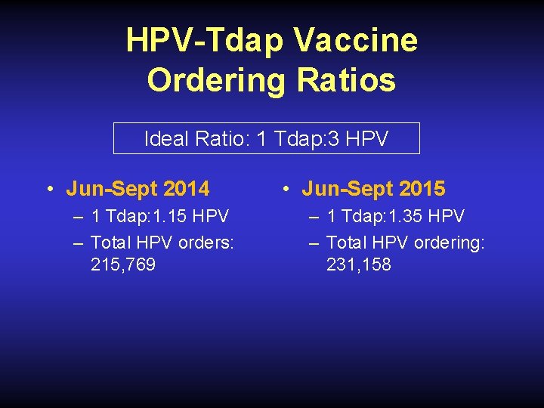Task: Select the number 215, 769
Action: point(123,265)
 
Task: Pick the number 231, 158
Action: point(359,265)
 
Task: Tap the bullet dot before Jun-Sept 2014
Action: point(48,189)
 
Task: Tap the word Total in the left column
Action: point(110,243)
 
